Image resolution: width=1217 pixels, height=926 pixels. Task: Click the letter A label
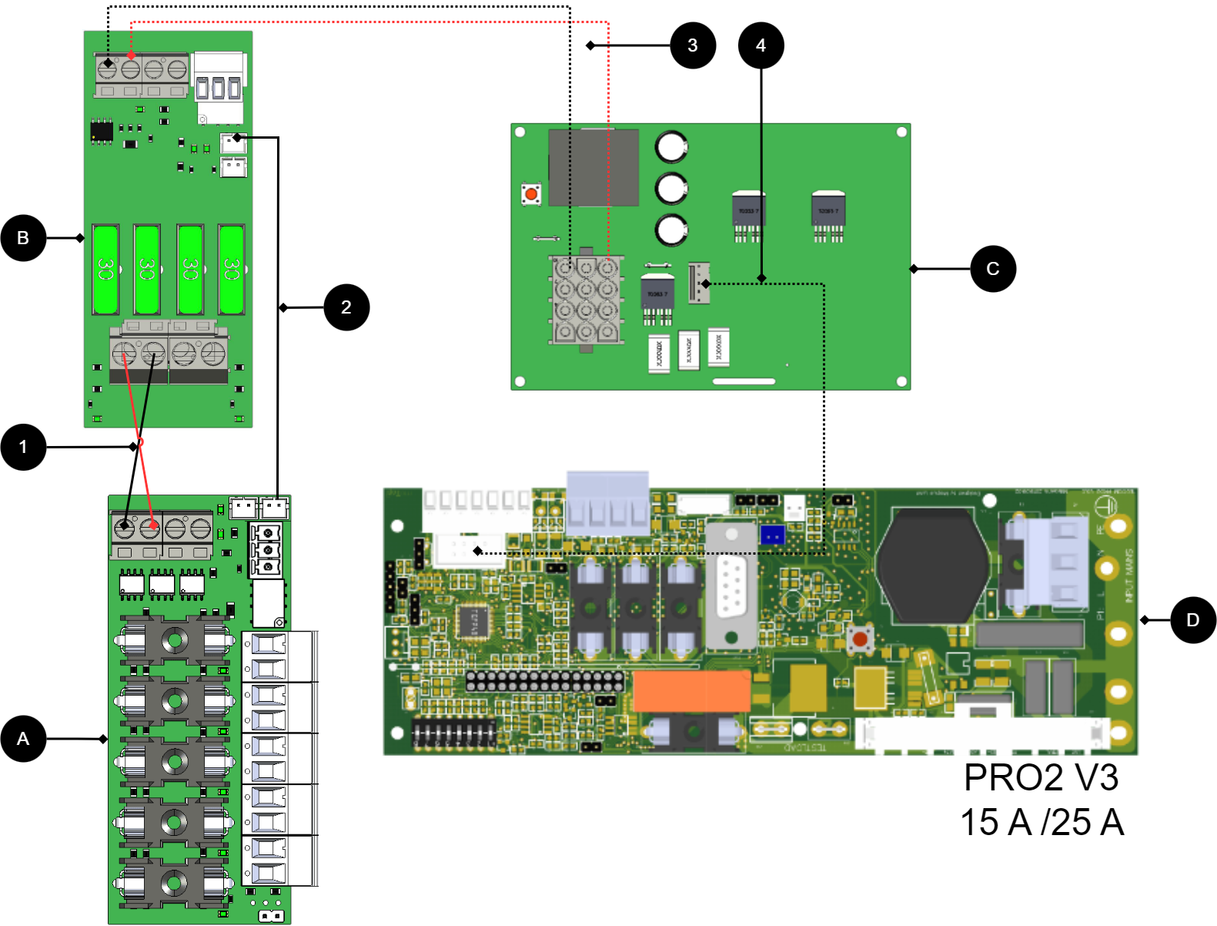pyautogui.click(x=23, y=739)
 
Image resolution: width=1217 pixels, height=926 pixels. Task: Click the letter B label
pyautogui.click(x=23, y=238)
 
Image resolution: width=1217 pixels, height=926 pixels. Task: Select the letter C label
pyautogui.click(x=993, y=269)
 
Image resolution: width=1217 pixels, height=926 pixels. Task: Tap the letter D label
pyautogui.click(x=1192, y=620)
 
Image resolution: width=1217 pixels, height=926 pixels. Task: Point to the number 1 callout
pyautogui.click(x=23, y=447)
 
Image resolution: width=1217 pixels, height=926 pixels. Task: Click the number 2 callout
pyautogui.click(x=346, y=307)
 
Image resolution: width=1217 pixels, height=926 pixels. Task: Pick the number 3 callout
pyautogui.click(x=693, y=45)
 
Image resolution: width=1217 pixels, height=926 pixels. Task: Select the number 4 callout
pyautogui.click(x=761, y=45)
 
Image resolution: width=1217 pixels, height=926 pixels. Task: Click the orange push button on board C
pyautogui.click(x=531, y=193)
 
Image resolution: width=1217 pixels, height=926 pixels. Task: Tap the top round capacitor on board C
pyautogui.click(x=671, y=146)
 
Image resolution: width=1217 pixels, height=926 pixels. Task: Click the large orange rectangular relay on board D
pyautogui.click(x=691, y=690)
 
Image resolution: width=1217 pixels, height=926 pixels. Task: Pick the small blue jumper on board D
pyautogui.click(x=772, y=534)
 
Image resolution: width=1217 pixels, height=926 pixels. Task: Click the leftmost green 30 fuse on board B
pyautogui.click(x=105, y=269)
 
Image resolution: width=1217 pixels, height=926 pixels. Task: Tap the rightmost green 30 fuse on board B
pyautogui.click(x=232, y=269)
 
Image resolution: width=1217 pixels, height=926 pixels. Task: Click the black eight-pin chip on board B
pyautogui.click(x=102, y=131)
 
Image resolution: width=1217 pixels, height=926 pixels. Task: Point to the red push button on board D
pyautogui.click(x=860, y=639)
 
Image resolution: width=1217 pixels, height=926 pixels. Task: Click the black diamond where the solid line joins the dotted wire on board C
pyautogui.click(x=761, y=278)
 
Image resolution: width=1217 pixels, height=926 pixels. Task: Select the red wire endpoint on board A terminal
pyautogui.click(x=154, y=525)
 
